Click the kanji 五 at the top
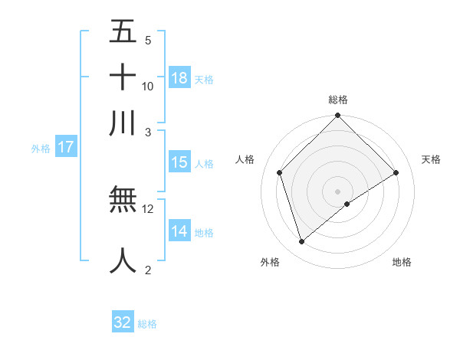click(x=123, y=33)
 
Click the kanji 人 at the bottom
click(x=123, y=260)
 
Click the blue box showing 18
click(x=179, y=77)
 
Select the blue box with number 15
click(x=179, y=162)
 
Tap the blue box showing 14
click(x=179, y=231)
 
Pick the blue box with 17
click(x=65, y=147)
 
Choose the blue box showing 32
click(x=123, y=322)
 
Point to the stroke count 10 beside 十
click(x=148, y=86)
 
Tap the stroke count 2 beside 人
click(x=148, y=270)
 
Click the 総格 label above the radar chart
click(x=338, y=99)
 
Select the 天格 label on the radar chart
click(x=431, y=159)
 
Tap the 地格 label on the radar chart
click(x=402, y=262)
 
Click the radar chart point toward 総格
click(x=338, y=116)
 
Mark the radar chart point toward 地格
click(x=347, y=204)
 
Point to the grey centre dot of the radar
click(x=338, y=191)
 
